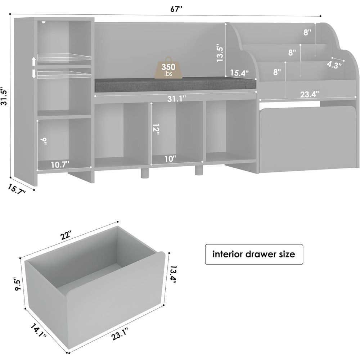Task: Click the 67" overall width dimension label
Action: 176,9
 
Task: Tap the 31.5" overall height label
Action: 5,96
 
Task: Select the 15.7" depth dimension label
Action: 16,189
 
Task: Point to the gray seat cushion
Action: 175,84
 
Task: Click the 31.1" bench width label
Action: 176,99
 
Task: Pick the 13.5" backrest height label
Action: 220,53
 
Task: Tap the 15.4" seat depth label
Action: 239,73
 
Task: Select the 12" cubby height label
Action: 156,129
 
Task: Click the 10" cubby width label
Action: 170,159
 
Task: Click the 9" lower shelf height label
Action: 44,141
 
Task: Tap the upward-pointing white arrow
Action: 33,62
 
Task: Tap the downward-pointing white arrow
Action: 33,74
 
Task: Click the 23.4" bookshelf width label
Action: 309,94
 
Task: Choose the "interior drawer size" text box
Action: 254,255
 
